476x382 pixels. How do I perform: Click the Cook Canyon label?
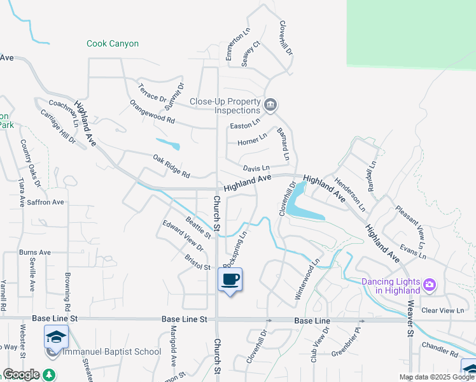(x=113, y=44)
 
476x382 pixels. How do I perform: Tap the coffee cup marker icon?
(x=230, y=279)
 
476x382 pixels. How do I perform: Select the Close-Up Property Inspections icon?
(x=270, y=105)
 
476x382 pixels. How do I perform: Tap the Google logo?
(x=21, y=374)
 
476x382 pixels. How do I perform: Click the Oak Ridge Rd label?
(x=171, y=166)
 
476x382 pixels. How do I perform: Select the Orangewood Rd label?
(x=151, y=111)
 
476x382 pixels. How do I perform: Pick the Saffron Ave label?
(x=46, y=202)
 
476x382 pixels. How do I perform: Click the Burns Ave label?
(x=35, y=253)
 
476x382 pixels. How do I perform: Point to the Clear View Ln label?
(x=443, y=311)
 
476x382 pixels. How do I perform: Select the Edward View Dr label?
(x=183, y=236)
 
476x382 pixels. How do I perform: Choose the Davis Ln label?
(x=256, y=168)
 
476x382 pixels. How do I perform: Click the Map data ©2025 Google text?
(x=437, y=377)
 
